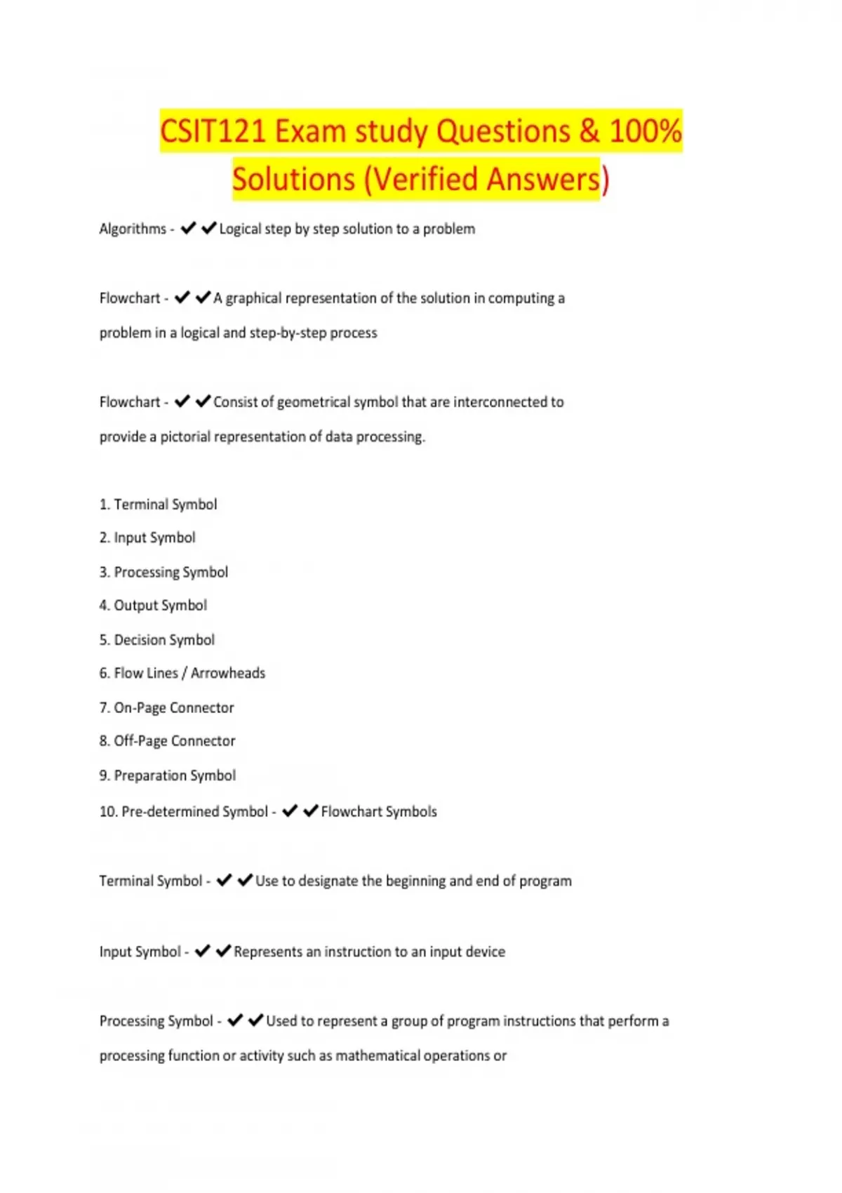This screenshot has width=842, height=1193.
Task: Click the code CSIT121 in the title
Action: click(213, 131)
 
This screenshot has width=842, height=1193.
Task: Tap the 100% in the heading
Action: click(645, 131)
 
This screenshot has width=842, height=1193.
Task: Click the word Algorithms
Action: click(133, 229)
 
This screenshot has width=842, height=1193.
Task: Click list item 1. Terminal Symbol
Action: click(158, 505)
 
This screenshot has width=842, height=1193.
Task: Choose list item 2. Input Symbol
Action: click(147, 538)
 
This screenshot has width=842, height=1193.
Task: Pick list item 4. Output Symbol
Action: click(153, 605)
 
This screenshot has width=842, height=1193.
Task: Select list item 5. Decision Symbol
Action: click(156, 640)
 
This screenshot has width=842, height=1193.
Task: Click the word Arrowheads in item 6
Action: click(228, 673)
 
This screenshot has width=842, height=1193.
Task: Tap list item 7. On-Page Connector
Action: click(166, 707)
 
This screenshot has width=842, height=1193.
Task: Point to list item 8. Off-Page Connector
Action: click(167, 741)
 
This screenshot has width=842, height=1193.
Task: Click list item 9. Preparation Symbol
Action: click(167, 775)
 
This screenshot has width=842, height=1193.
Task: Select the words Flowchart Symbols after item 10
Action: click(379, 812)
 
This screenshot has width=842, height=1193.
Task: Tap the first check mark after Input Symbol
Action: click(202, 952)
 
